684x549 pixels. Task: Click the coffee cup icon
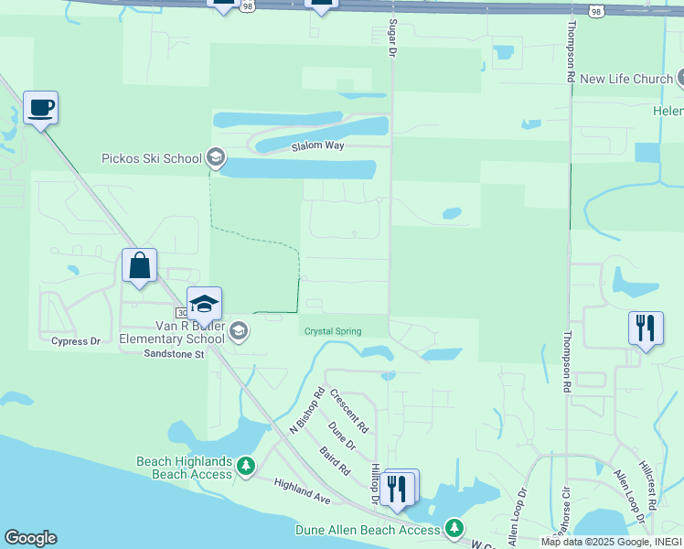click(40, 108)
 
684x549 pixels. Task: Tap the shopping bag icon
click(139, 266)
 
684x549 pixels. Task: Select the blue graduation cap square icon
click(204, 305)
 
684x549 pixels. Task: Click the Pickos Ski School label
click(151, 158)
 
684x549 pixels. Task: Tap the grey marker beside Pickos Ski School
click(216, 158)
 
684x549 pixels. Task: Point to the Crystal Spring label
click(333, 331)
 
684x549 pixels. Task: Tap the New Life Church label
click(626, 80)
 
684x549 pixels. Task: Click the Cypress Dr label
click(76, 341)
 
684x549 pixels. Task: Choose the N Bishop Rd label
click(307, 410)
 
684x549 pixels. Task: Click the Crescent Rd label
click(348, 411)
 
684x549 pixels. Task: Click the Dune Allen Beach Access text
click(368, 530)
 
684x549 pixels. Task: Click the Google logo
click(30, 538)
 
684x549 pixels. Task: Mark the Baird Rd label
click(335, 459)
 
